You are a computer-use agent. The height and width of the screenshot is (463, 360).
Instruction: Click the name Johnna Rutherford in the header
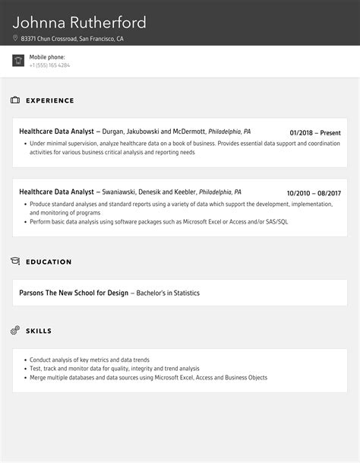[80, 22]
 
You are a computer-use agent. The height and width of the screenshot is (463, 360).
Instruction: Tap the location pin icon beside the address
[15, 38]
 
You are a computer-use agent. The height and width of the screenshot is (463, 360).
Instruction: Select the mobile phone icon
[18, 61]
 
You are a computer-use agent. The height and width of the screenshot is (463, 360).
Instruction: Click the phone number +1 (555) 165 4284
[49, 65]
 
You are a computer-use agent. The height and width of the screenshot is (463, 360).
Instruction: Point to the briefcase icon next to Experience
[15, 100]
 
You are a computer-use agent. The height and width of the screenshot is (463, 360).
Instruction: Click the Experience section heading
[50, 100]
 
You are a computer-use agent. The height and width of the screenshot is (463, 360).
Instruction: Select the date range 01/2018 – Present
[315, 132]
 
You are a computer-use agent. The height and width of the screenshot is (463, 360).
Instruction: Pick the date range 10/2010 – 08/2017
[314, 193]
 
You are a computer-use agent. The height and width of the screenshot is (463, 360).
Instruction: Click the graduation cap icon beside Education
[15, 262]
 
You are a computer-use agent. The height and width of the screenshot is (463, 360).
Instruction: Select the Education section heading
[49, 262]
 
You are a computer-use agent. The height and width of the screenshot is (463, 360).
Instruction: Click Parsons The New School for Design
[74, 292]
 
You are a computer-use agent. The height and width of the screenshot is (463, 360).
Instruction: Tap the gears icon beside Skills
[15, 331]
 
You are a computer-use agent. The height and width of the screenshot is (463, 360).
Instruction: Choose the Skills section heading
[39, 331]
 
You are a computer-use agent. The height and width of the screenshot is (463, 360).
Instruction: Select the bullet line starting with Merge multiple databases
[148, 377]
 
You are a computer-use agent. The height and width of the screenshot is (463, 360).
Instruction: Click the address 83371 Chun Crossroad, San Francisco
[72, 38]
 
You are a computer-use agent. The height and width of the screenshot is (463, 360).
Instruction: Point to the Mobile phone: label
[47, 57]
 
